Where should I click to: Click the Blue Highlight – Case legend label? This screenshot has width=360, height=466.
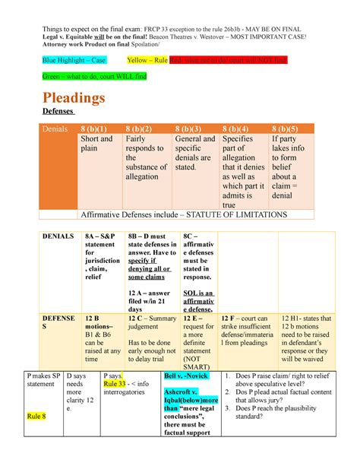[73, 59]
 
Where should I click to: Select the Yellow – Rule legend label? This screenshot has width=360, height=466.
[147, 59]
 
